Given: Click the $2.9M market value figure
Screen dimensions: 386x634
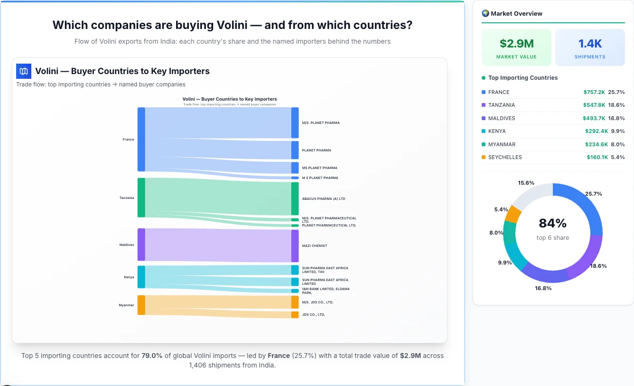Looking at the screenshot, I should click(x=516, y=44).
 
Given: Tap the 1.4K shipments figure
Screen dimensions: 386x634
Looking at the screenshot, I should click(x=590, y=44).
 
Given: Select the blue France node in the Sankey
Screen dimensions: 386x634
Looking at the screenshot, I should click(x=141, y=139).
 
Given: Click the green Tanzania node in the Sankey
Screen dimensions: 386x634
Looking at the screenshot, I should click(x=141, y=198).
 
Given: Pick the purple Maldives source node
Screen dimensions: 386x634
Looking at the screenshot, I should click(x=141, y=245).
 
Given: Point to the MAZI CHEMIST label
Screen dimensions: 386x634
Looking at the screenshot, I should click(x=315, y=246).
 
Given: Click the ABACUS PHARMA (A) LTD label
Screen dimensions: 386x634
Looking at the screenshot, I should click(x=324, y=199).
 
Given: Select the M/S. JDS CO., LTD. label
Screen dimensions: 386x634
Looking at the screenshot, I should click(x=317, y=302).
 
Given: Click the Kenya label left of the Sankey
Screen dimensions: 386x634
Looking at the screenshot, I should click(x=129, y=277).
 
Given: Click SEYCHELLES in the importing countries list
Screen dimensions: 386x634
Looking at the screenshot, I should click(x=505, y=157).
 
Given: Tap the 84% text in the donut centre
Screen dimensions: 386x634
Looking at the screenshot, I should click(x=552, y=223).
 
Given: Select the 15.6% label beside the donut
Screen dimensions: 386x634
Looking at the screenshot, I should click(x=526, y=183).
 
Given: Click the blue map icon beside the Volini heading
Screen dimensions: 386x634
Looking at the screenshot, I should click(x=24, y=71).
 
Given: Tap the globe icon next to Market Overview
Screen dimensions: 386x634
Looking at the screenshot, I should click(x=485, y=13).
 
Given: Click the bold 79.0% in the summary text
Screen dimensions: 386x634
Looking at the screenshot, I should click(x=152, y=356).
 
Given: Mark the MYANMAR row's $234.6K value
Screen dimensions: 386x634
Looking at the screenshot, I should click(x=596, y=144).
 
